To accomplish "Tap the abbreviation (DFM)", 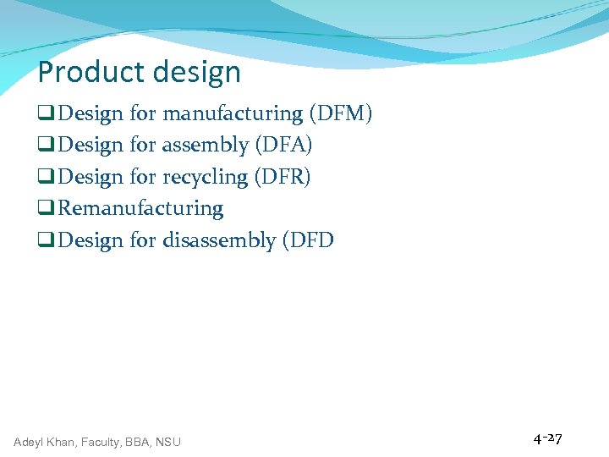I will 341,113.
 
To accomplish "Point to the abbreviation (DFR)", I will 283,177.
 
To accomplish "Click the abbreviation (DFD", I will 309,240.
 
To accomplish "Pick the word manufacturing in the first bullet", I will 233,113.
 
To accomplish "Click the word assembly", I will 206,146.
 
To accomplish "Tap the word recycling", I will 205,178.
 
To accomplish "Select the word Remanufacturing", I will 141,208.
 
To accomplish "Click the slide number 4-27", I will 547,438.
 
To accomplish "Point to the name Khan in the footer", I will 64,442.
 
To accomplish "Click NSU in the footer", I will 167,442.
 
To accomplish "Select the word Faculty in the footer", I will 106,442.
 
